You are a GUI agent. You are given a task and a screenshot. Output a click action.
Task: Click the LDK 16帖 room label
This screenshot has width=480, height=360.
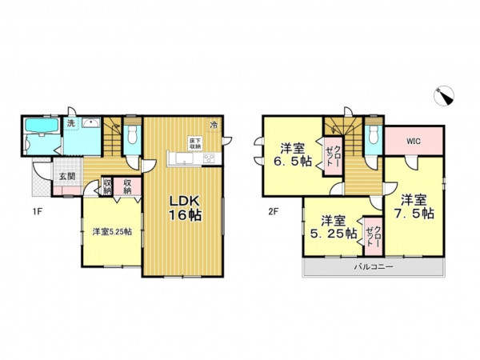(x=185, y=208)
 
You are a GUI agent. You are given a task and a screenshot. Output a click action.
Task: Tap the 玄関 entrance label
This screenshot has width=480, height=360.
(x=67, y=176)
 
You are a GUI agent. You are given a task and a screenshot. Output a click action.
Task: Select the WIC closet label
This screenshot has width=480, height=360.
(x=414, y=141)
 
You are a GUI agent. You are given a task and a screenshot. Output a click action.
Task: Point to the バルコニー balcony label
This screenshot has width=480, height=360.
(x=374, y=266)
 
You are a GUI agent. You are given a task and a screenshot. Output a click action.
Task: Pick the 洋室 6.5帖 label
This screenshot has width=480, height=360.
(x=293, y=155)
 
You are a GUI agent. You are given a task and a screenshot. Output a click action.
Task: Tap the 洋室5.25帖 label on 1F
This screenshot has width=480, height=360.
(x=112, y=232)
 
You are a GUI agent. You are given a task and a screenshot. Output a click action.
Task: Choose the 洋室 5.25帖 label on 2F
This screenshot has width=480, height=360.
(x=334, y=227)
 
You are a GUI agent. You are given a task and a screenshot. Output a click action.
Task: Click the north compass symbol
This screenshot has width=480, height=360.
(x=444, y=96)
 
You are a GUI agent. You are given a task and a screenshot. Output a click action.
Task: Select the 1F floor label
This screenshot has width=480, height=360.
(x=37, y=211)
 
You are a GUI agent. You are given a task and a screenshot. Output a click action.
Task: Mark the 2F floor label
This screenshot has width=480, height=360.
(x=273, y=211)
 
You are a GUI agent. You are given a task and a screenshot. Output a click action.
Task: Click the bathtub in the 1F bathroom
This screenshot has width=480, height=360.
(x=42, y=126)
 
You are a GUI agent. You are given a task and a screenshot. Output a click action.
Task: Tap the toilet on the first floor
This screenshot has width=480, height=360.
(x=132, y=136)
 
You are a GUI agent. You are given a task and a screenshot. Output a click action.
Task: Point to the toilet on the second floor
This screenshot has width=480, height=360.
(x=374, y=136)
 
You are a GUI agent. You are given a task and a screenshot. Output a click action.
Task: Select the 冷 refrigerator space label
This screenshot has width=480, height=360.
(x=214, y=125)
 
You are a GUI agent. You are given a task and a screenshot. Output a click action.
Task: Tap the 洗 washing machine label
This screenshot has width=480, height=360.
(x=71, y=124)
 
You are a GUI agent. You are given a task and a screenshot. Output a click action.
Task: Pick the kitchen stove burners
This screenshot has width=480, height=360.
(x=209, y=158)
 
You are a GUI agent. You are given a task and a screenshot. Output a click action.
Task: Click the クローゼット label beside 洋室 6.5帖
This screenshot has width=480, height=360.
(x=333, y=157)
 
